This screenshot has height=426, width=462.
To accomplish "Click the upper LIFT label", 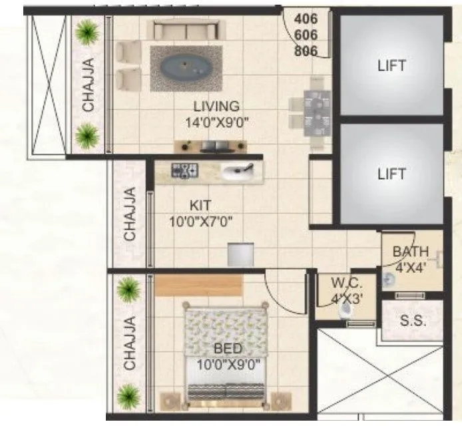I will pyautogui.click(x=391, y=65).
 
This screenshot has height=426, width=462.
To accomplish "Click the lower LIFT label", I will pyautogui.click(x=391, y=174).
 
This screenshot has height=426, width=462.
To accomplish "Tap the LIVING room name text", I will pyautogui.click(x=216, y=106).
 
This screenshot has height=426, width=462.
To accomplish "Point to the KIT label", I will pyautogui.click(x=200, y=206).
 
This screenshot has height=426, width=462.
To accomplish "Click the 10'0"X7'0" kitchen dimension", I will pyautogui.click(x=200, y=222).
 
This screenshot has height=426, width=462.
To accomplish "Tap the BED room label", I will pyautogui.click(x=228, y=349).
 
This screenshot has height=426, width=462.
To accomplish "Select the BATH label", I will pyautogui.click(x=411, y=252).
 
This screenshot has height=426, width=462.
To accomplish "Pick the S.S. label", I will pyautogui.click(x=413, y=320).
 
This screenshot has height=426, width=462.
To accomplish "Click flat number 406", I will pyautogui.click(x=305, y=20).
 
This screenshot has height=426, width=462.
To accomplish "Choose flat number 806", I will pyautogui.click(x=305, y=50).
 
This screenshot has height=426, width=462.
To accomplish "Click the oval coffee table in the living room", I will pyautogui.click(x=183, y=67).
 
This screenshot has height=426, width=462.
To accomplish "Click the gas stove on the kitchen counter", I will pyautogui.click(x=184, y=171).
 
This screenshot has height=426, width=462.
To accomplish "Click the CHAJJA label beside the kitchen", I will pyautogui.click(x=130, y=214).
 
